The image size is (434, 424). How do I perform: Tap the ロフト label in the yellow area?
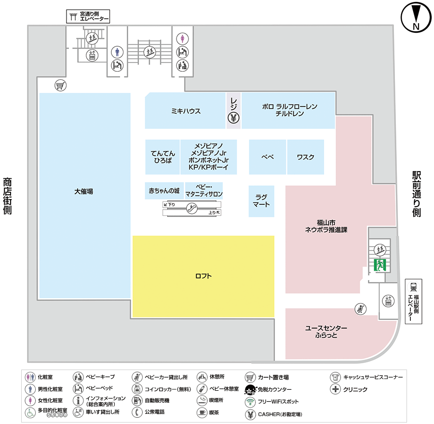(x=203, y=276)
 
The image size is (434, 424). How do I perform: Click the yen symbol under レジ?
(x=233, y=117)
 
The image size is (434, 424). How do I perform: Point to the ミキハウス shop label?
(x=186, y=111)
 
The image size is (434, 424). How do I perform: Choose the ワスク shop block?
(x=305, y=157)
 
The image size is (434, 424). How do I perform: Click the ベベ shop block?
(x=268, y=157)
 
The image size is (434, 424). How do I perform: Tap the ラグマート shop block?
(x=261, y=201)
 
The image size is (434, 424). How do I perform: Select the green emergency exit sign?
(x=380, y=264)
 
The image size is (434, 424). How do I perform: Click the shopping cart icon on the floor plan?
(x=60, y=86)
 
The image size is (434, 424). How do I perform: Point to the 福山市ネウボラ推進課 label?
(x=326, y=226)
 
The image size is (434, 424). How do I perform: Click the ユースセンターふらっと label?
(x=326, y=331)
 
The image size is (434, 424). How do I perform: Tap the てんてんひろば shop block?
(x=163, y=157)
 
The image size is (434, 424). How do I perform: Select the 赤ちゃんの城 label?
(x=164, y=191)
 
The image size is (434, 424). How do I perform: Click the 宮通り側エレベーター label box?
(x=88, y=17)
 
